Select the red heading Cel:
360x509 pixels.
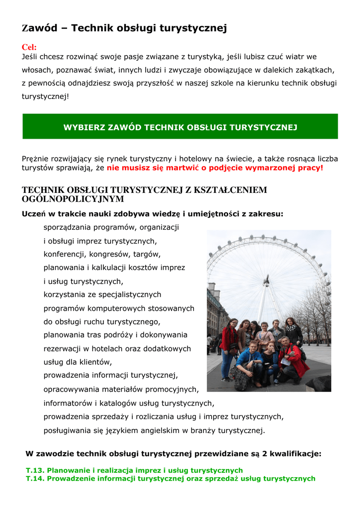coord(29,47)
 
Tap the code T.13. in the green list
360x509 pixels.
coord(35,470)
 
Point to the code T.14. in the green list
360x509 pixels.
coord(35,479)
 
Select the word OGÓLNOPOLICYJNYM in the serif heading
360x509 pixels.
coord(73,199)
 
